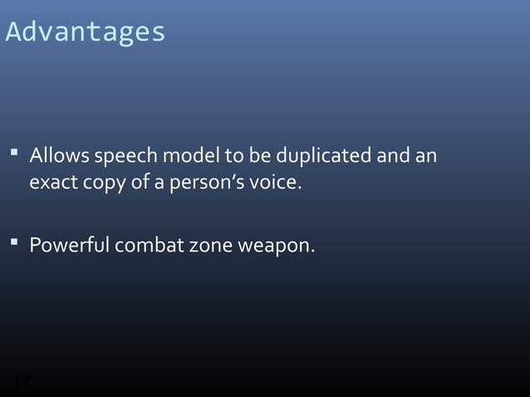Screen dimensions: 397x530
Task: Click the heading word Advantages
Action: [x=86, y=32]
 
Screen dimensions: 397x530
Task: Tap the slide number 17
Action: [x=22, y=383]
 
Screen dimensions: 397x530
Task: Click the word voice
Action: [x=271, y=182]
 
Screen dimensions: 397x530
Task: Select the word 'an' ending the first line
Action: [x=426, y=157]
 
